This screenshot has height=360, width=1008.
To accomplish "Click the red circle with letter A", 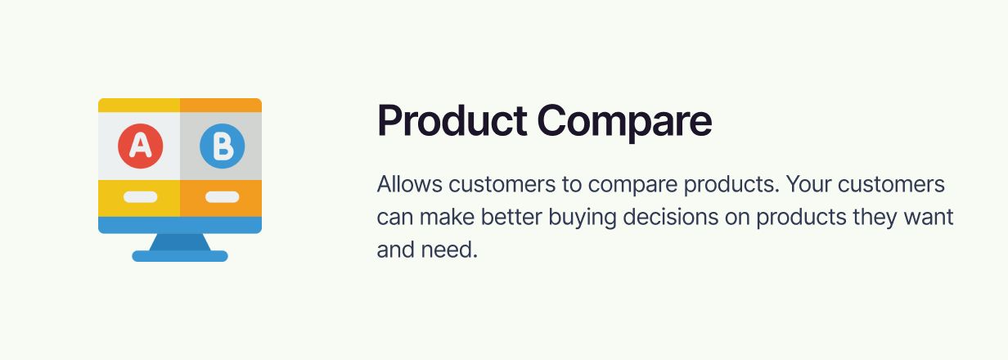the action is click(x=141, y=146).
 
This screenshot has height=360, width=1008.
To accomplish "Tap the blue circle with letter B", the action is click(x=223, y=146).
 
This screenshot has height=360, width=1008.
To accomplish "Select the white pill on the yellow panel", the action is click(x=141, y=197).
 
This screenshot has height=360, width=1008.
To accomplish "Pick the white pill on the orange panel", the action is click(x=223, y=197).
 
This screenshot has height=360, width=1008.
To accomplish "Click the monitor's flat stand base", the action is click(x=180, y=256).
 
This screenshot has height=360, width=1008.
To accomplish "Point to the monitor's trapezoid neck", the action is click(x=180, y=242).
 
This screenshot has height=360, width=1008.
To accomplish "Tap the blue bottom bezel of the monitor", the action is click(x=180, y=225).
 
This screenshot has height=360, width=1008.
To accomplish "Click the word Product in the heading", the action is click(x=452, y=120).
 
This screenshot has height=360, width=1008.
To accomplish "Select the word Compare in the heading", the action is click(x=624, y=123).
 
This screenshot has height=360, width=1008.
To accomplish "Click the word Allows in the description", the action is click(x=409, y=184).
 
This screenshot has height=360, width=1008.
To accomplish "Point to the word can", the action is click(x=394, y=218).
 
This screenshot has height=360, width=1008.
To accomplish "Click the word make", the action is click(x=447, y=217).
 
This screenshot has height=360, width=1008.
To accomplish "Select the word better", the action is click(x=511, y=217).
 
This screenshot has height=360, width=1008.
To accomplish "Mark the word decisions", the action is click(x=671, y=217).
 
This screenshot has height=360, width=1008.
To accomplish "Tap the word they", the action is click(x=875, y=218).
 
